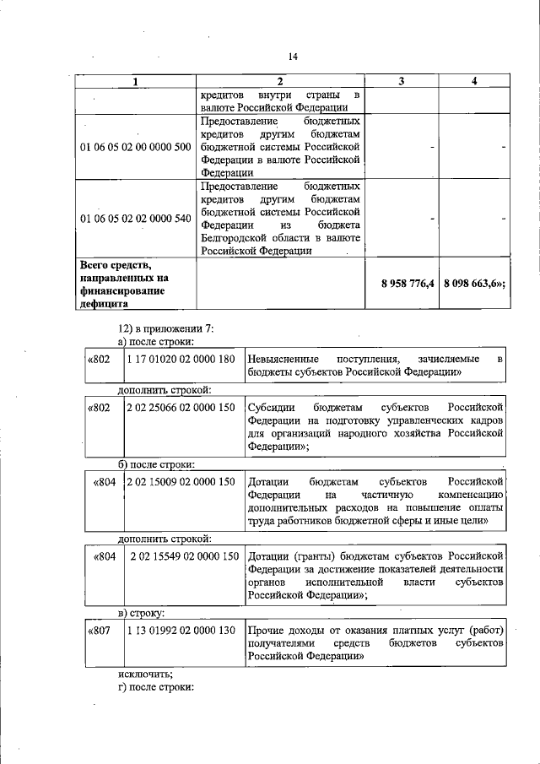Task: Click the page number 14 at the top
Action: [293, 57]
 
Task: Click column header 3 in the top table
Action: [402, 81]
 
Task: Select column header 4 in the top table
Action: [474, 81]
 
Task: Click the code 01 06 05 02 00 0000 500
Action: [135, 147]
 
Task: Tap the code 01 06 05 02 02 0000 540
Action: [135, 218]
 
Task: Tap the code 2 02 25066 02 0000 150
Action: [180, 407]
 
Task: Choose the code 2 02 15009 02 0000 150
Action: [180, 482]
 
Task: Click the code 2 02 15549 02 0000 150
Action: [183, 556]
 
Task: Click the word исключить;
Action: [145, 674]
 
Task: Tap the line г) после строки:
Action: [156, 686]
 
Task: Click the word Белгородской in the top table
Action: [239, 238]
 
